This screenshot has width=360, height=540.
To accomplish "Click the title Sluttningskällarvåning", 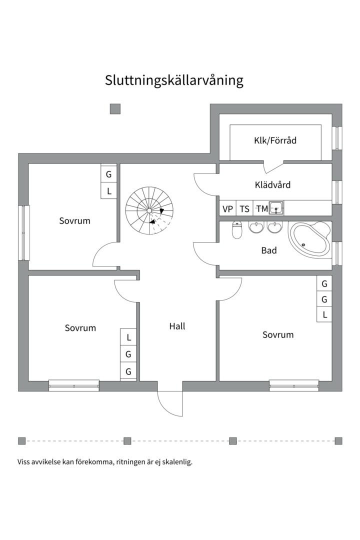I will pos(174,80).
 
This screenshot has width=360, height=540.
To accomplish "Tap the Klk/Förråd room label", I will pos(275,140).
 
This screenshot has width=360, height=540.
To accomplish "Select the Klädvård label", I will pos(272,184).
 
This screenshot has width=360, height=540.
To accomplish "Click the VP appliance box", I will pos(227,209).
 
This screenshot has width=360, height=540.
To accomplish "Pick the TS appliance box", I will pos(244,209).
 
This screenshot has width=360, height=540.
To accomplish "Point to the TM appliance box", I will pos(261,209).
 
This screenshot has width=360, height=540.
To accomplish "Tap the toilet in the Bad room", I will pos(237,230).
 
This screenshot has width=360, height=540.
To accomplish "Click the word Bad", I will pos(269,250).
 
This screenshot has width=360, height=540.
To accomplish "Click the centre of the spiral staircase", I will pos(149,210).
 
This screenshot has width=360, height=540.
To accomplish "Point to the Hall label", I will pos(177,326).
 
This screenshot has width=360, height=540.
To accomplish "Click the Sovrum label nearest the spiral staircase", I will pos(74,220).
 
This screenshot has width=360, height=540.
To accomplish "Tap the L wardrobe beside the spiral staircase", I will pos(109,191).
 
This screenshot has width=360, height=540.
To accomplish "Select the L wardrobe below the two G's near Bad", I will pos(324,314).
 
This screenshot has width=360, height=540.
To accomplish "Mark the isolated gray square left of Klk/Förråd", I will pos(115,109).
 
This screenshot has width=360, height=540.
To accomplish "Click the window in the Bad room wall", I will pos(337,252).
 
